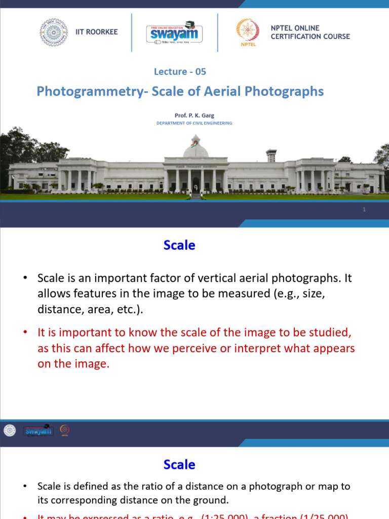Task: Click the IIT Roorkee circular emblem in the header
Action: click(54, 32)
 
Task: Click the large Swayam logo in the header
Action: click(175, 33)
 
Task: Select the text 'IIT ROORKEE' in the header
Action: click(96, 32)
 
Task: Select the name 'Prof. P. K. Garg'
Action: click(194, 116)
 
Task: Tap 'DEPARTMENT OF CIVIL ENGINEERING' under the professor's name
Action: click(194, 123)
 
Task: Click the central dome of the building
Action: click(196, 148)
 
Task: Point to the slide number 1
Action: click(364, 210)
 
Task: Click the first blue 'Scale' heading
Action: click(179, 245)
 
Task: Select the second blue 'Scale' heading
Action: click(179, 464)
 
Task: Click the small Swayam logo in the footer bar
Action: click(38, 431)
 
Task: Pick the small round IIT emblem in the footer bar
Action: click(10, 431)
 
